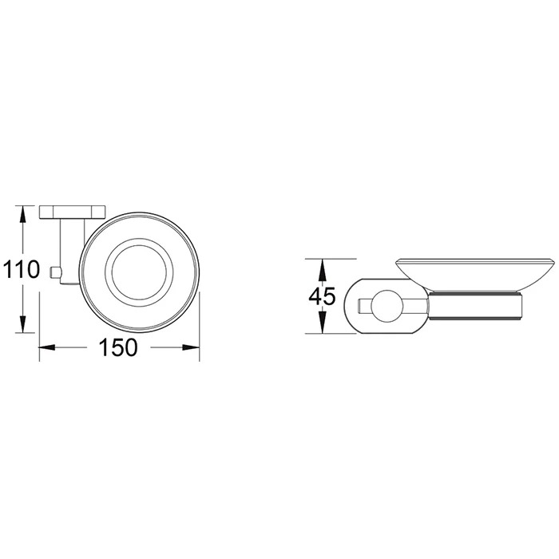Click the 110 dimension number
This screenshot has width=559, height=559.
tap(21, 269)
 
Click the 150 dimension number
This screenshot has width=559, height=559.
tap(118, 347)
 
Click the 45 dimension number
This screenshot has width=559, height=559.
tap(323, 296)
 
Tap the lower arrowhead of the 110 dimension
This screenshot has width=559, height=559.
tap(23, 323)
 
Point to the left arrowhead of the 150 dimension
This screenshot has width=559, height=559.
tap(47, 347)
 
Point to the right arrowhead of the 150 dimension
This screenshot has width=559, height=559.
tap(191, 347)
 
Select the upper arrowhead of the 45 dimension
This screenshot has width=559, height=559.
tap(322, 268)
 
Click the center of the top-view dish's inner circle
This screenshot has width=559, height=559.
tap(139, 272)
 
